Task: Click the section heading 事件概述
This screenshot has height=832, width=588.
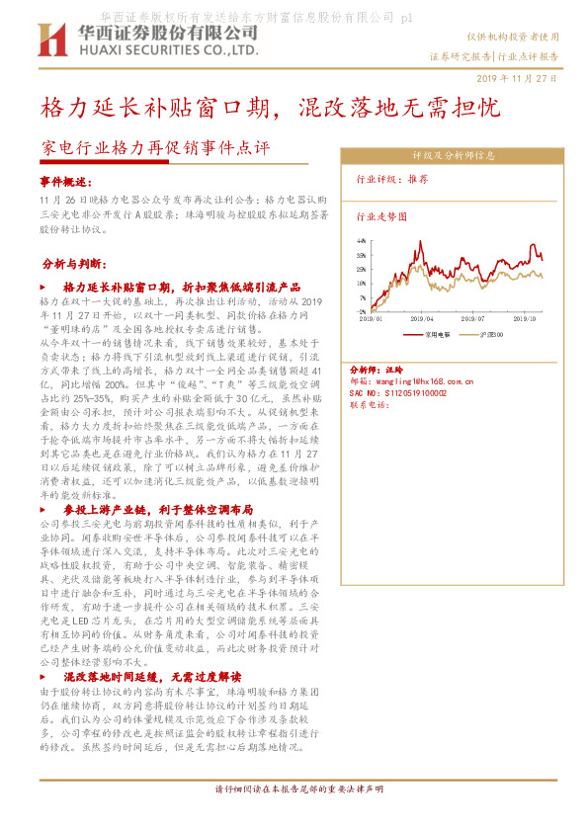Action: pos(65,183)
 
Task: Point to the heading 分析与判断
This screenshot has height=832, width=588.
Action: pos(76,265)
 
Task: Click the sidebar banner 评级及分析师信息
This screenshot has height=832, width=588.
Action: pos(454,156)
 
